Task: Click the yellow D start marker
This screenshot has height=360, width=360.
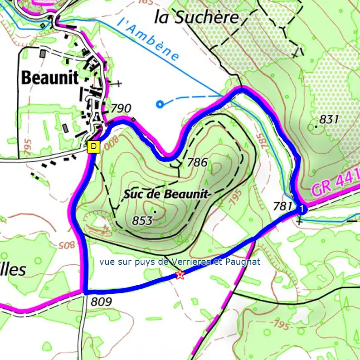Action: point(93,147)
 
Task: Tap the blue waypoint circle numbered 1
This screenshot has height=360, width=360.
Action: point(302,209)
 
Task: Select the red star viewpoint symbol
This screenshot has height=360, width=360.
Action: point(180,275)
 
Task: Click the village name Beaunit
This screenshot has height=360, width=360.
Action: point(50,78)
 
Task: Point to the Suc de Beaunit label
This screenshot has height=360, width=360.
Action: point(166,195)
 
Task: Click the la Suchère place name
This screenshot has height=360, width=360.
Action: point(196,17)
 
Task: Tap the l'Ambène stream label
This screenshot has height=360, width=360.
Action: point(148,39)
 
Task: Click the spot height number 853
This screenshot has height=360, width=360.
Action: point(141,221)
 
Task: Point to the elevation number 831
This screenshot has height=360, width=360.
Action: point(329,119)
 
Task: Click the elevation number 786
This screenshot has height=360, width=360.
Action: point(197,162)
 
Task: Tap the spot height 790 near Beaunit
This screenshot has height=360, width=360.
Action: point(121,108)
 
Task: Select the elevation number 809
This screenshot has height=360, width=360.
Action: point(101,302)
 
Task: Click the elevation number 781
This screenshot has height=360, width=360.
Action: point(283,206)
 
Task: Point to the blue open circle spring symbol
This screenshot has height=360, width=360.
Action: point(159,105)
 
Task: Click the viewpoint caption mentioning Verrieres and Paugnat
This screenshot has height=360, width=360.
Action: point(180,262)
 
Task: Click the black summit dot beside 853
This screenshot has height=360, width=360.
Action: point(155,211)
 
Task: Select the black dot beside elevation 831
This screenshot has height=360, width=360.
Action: point(316,127)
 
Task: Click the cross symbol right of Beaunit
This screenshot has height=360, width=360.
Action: point(118,83)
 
